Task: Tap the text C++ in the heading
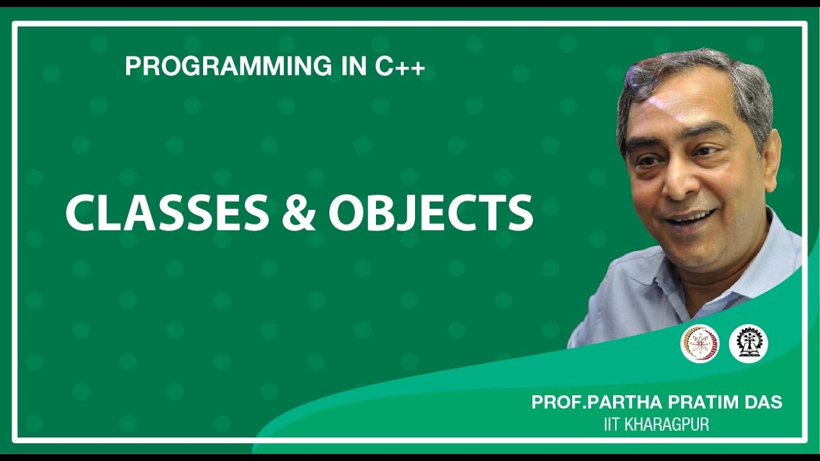pos(400,67)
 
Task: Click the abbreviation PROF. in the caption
pos(555,403)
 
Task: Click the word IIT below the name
pos(613,424)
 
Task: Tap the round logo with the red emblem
pos(700,344)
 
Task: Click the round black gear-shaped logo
pos(748,344)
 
